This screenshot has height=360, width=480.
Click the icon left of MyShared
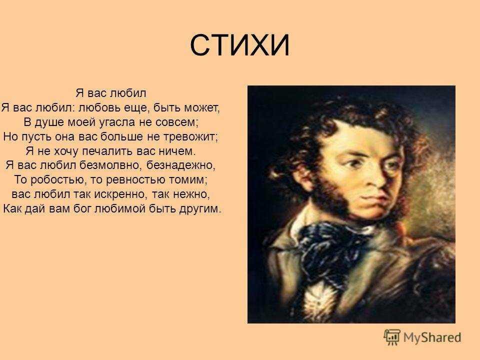(391, 336)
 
